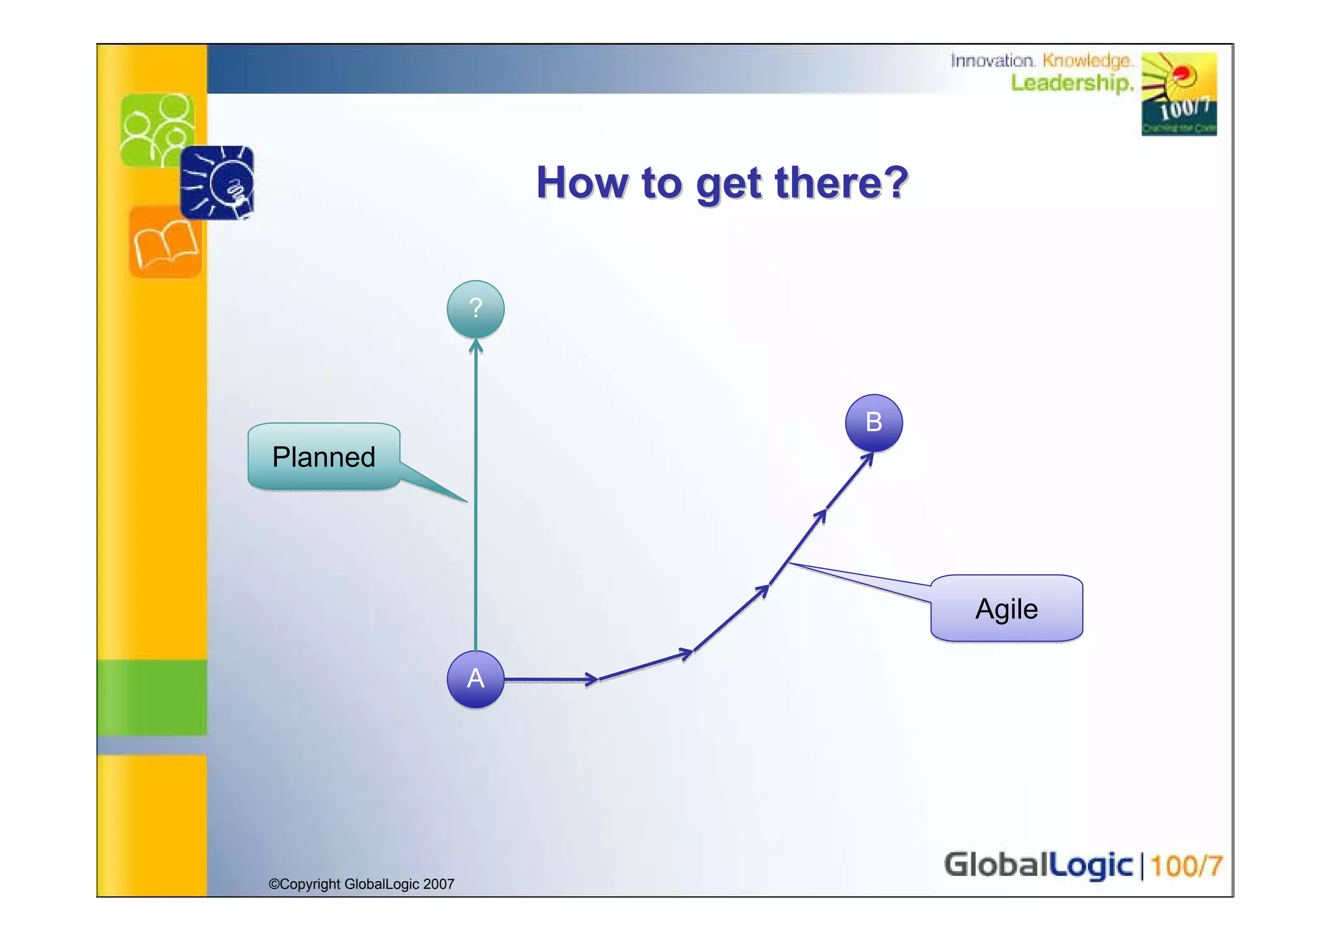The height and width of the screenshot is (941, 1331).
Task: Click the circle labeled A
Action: [475, 679]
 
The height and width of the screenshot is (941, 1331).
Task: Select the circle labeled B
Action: [873, 423]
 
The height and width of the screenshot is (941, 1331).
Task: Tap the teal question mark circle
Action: [475, 309]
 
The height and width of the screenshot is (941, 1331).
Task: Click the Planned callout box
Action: [324, 457]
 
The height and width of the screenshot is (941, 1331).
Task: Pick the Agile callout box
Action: [1006, 609]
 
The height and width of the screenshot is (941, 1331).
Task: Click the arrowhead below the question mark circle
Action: [476, 347]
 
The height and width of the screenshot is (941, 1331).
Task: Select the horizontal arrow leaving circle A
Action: [549, 680]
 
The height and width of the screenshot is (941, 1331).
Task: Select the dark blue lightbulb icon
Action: [218, 183]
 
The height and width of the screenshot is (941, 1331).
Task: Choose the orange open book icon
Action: [165, 243]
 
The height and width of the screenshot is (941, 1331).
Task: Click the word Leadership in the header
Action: [1071, 83]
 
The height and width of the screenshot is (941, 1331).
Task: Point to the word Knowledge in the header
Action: [1087, 60]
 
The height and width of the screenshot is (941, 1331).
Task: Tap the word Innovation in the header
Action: [992, 60]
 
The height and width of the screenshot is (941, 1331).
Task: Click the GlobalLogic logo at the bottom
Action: [1038, 866]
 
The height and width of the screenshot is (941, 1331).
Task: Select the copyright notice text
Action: [361, 884]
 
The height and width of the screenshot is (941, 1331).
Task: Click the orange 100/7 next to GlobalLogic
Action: [1186, 866]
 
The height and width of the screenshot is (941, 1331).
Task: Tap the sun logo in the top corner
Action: [1178, 94]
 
